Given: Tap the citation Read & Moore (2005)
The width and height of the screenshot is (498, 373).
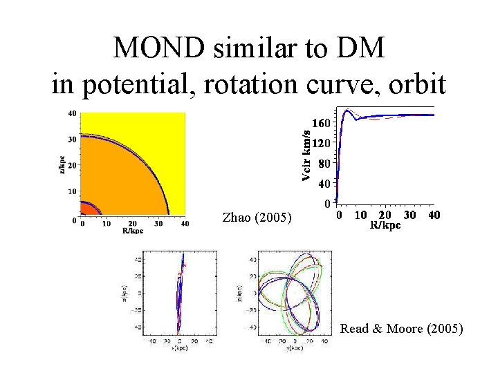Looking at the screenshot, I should [401, 329].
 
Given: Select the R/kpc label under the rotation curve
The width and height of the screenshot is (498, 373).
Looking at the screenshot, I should [385, 225].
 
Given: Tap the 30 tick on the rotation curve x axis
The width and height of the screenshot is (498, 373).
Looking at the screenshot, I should [409, 215].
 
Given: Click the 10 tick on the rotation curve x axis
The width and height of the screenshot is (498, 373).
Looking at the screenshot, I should [361, 215].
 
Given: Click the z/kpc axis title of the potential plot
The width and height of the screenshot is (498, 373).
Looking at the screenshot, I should [63, 164].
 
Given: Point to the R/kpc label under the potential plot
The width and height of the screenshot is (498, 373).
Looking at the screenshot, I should [132, 231].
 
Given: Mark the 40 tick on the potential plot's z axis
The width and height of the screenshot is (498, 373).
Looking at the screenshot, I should [72, 113].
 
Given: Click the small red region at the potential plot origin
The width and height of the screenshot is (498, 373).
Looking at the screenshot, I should [87, 211].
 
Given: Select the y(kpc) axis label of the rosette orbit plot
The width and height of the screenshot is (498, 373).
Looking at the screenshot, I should [295, 347].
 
